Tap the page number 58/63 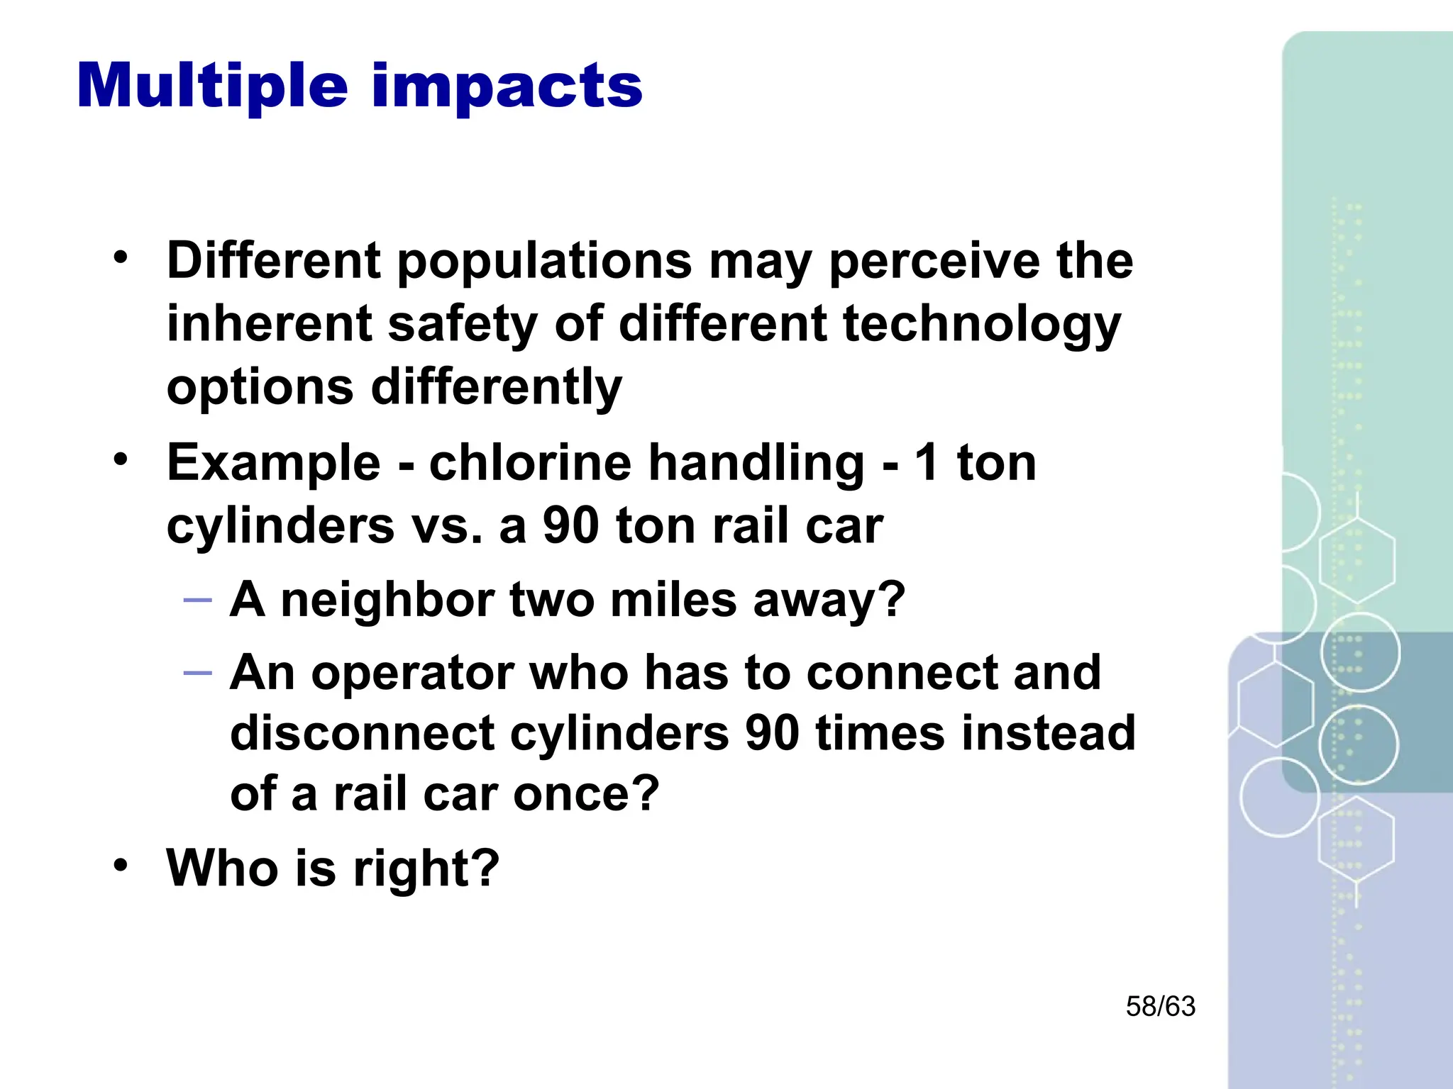[1160, 1007]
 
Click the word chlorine [530, 463]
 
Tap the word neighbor [387, 600]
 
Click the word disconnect [362, 733]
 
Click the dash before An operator [197, 673]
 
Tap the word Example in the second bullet [274, 464]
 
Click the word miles [673, 600]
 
